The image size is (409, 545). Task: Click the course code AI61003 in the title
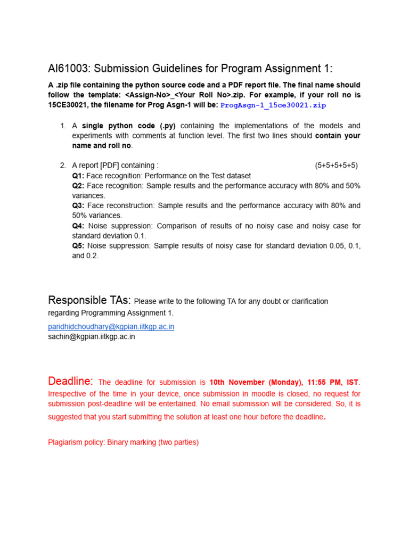coord(69,68)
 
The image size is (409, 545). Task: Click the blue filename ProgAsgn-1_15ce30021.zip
coord(273,105)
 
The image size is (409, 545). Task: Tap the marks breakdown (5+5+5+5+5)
coord(337,166)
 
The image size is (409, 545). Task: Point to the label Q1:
coord(78,176)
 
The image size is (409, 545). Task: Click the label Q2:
coord(78,186)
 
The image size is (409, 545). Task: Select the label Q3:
coord(78,205)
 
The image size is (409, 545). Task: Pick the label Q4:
coord(78,226)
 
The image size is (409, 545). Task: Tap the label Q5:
coord(78,245)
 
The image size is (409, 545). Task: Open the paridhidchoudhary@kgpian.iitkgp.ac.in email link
coord(111,326)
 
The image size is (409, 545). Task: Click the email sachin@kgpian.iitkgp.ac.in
coord(92,336)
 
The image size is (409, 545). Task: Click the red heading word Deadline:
coord(71,381)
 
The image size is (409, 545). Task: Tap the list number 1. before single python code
coord(63,126)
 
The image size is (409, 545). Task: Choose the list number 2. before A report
coord(63,166)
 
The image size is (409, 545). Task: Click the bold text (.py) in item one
coord(164,126)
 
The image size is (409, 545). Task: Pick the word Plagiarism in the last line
coord(66,442)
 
